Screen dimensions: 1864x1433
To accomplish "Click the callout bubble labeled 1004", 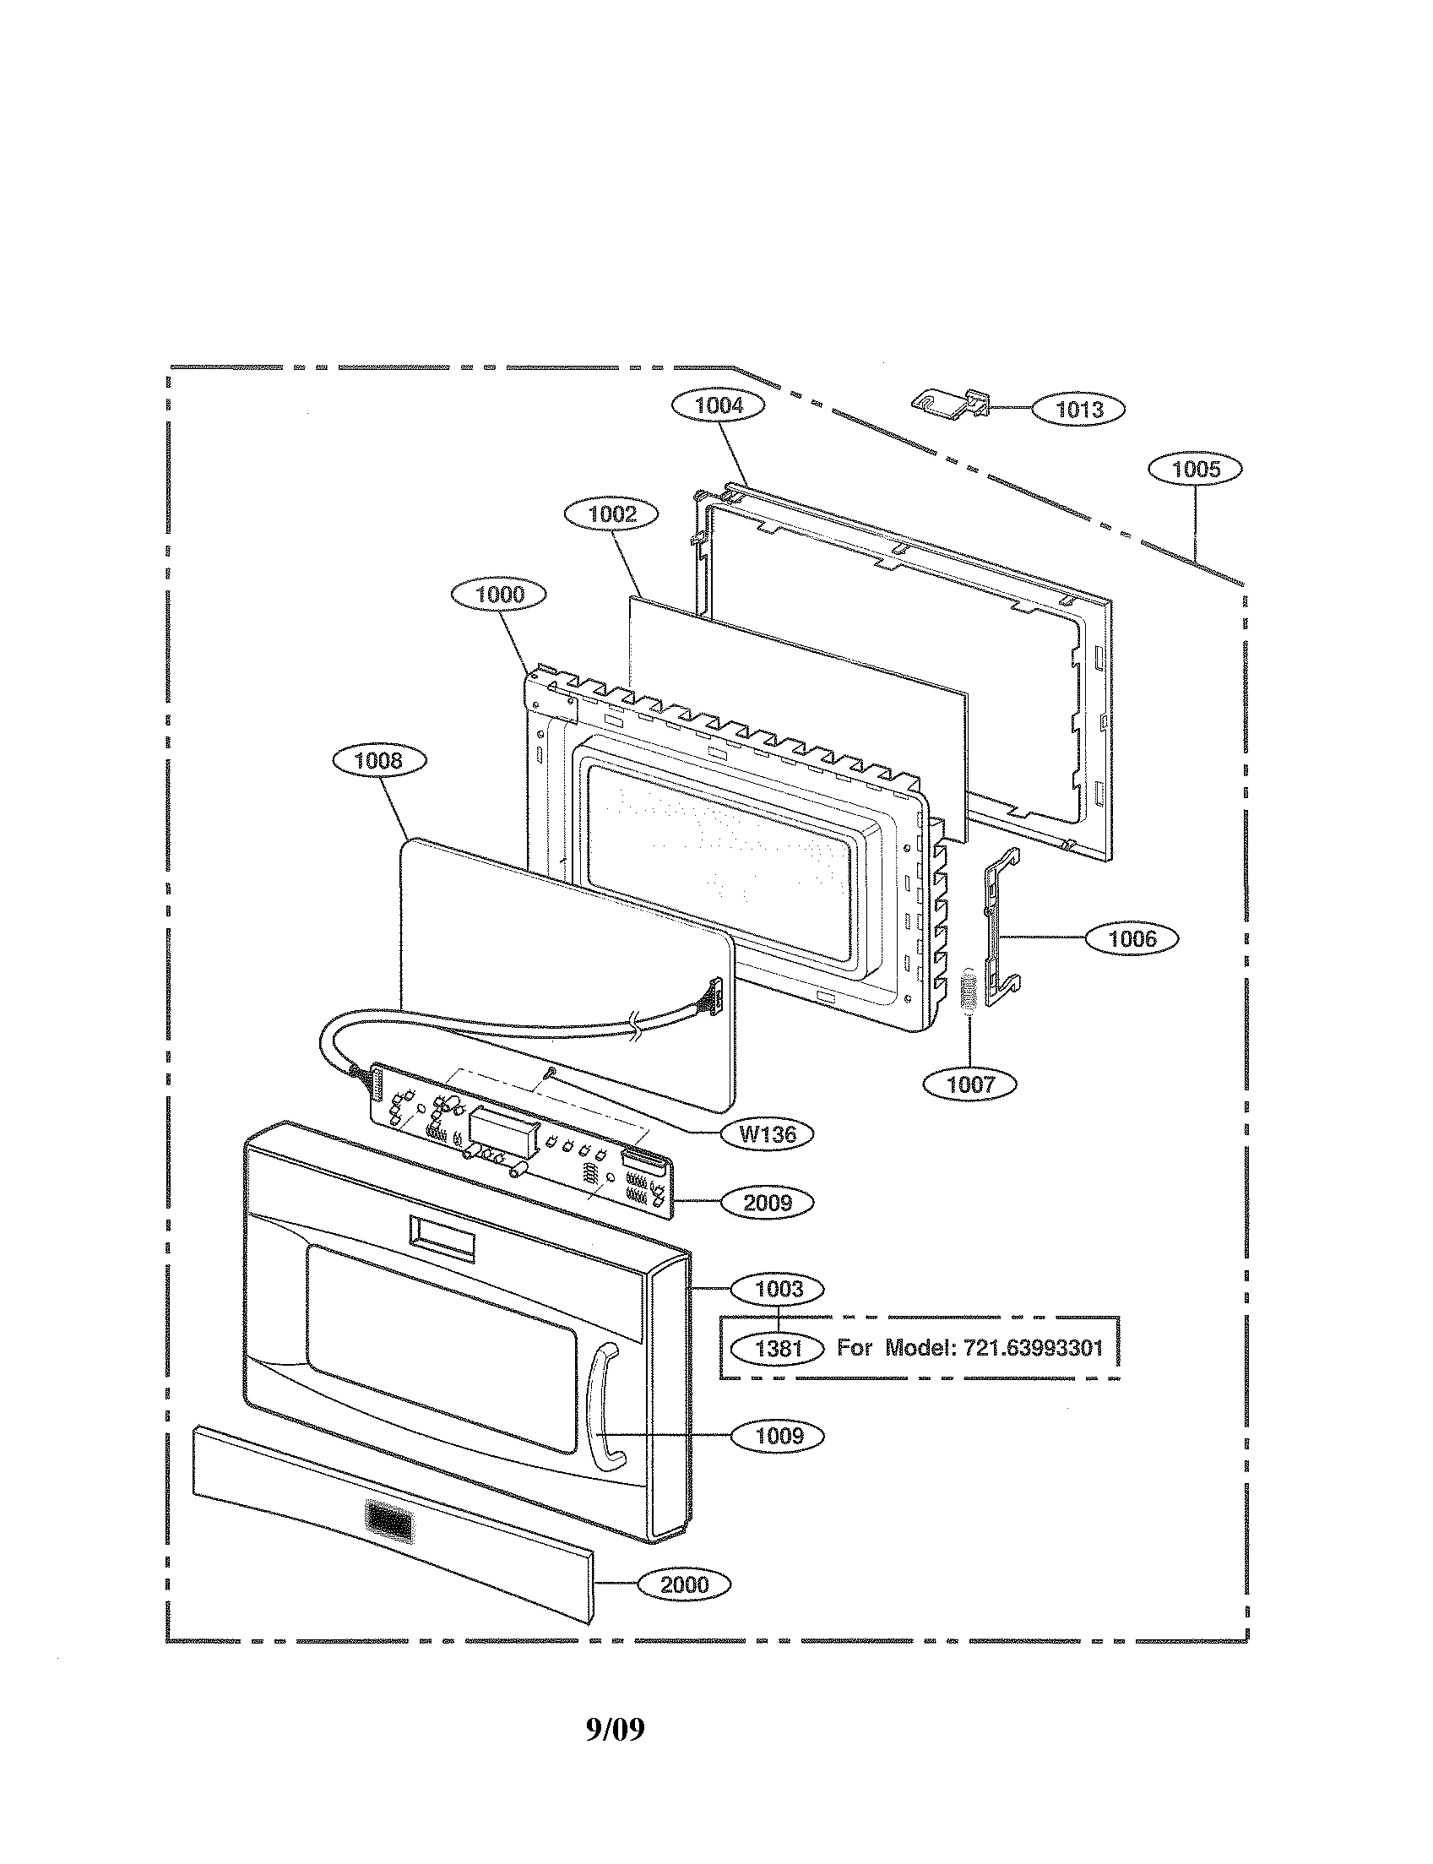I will pos(719,405).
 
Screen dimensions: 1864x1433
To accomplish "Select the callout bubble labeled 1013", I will pos(1079,410).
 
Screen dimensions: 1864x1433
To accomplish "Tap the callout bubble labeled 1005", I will pos(1195,469).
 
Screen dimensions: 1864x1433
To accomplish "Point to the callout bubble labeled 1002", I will pos(612,514).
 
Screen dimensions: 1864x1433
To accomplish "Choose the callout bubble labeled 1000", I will pos(500,594).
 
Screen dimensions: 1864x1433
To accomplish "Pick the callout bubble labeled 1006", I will pos(1132,938).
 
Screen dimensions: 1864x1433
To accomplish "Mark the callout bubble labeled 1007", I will pos(971,1084).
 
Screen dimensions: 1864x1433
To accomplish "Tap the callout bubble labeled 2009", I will pos(767,1203).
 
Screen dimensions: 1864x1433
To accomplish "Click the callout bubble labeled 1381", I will pos(779,1348).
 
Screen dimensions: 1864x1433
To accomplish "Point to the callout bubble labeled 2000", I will pos(684,1584).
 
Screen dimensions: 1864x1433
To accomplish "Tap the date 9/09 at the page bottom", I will pos(615,1729).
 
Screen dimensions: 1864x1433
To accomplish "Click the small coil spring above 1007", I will pos(967,992).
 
